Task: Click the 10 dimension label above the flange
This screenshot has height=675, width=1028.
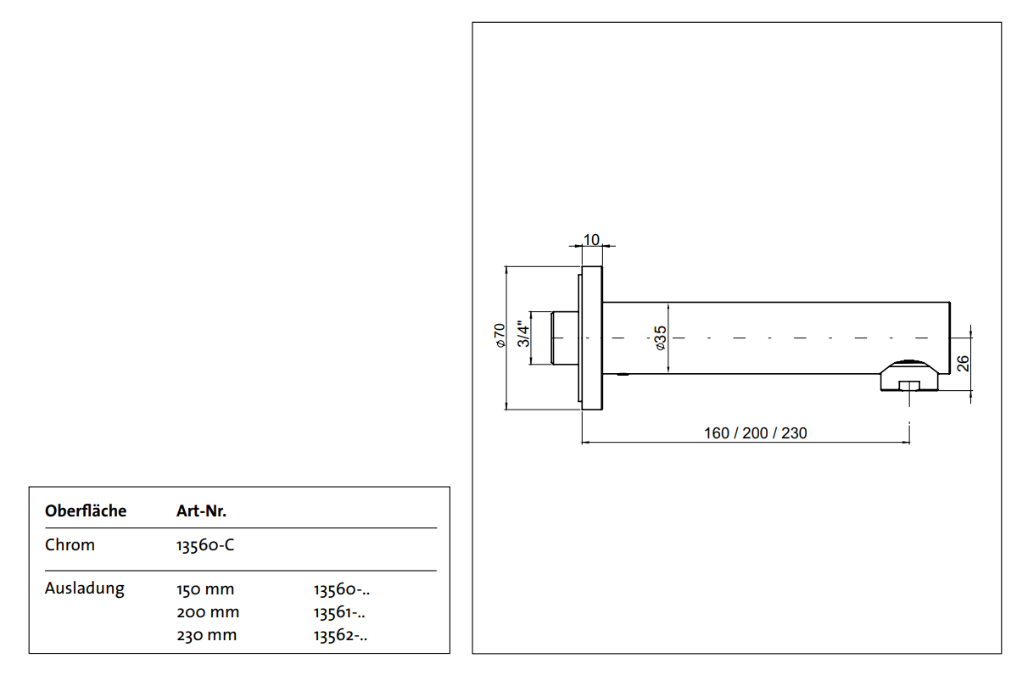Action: click(592, 240)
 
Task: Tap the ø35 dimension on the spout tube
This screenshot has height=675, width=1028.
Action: click(661, 338)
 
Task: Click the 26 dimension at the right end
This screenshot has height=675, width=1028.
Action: click(963, 364)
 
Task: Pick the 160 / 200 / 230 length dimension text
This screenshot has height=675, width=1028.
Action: click(755, 433)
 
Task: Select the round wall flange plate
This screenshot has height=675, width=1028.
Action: click(591, 338)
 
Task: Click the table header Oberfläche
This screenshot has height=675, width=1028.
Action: click(86, 511)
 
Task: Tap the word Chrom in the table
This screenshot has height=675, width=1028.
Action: click(70, 545)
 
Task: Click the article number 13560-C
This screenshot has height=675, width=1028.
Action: click(205, 545)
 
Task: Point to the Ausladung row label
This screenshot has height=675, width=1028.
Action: click(85, 589)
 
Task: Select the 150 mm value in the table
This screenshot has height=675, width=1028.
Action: click(205, 589)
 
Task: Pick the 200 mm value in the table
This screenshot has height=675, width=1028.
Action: click(208, 612)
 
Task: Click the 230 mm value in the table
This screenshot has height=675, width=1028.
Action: click(206, 635)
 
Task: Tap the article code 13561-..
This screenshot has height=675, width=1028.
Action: click(341, 612)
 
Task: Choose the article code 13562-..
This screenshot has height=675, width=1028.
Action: click(341, 635)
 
